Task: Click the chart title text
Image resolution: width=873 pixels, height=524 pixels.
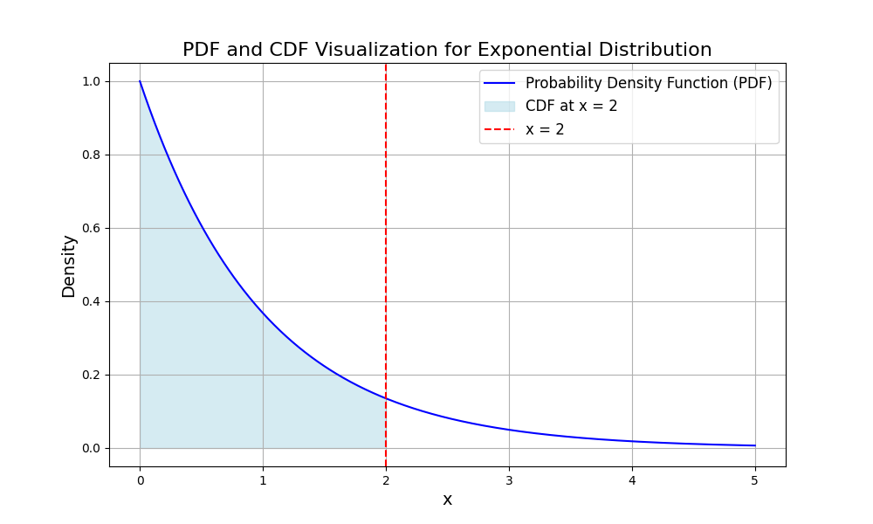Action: coord(447,50)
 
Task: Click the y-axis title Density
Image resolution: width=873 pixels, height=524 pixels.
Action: coord(69,265)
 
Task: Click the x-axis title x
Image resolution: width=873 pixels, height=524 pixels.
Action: coord(447,500)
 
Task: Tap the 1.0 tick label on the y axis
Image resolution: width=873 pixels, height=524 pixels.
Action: coord(91,81)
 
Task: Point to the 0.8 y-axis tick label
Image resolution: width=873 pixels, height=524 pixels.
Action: coord(91,155)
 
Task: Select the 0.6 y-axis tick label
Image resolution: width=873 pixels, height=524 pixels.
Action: coord(91,228)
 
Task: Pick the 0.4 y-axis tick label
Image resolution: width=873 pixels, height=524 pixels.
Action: coord(91,301)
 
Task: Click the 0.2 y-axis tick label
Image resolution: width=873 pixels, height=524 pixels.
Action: coord(91,375)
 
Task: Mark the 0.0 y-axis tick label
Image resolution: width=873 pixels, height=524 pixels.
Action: coord(91,448)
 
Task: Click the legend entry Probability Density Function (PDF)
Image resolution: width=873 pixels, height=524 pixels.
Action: coord(649,84)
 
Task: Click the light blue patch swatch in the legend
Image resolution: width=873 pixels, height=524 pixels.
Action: coord(499,107)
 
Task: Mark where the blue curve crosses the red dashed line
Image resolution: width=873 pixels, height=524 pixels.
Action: coord(386,398)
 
